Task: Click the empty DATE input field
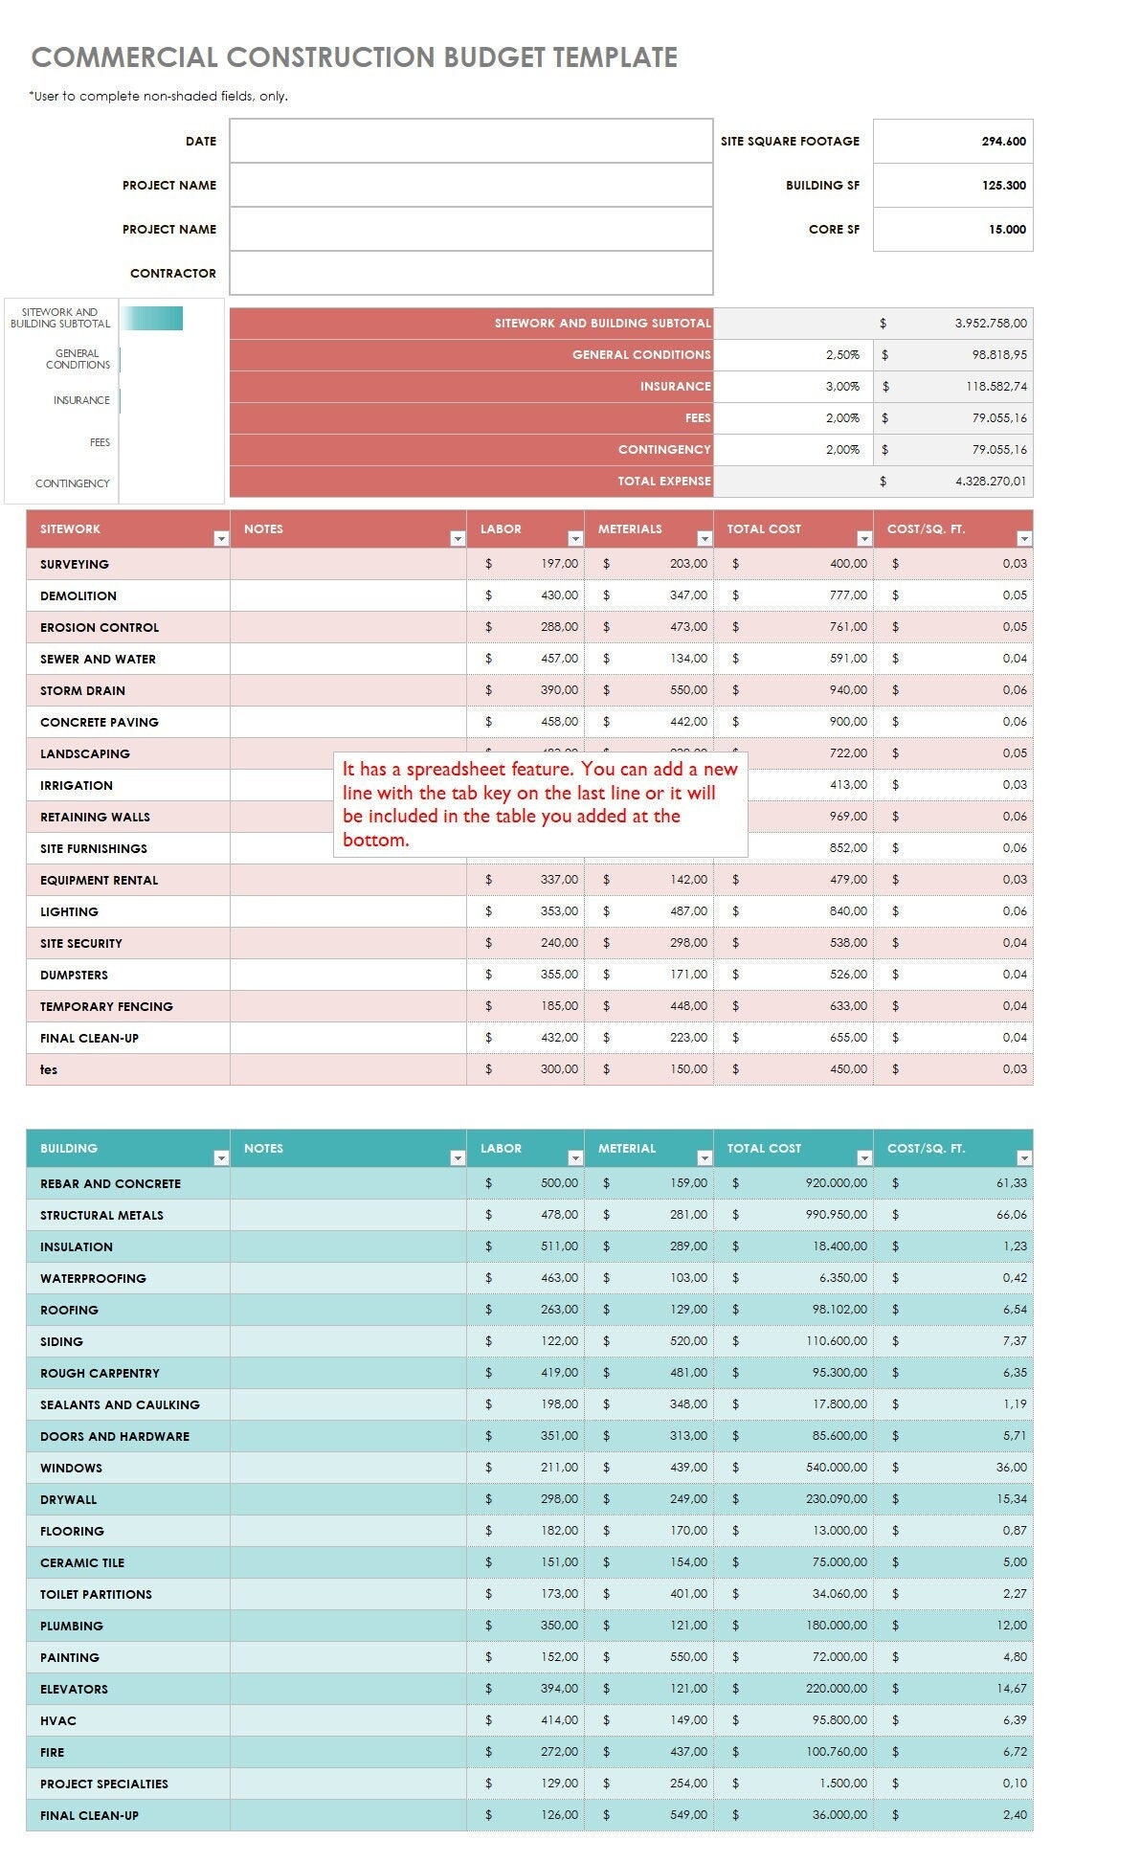click(471, 141)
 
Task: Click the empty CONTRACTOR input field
click(471, 273)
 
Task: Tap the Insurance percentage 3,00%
click(842, 387)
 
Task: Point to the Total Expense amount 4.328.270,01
click(990, 482)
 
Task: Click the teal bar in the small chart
click(152, 319)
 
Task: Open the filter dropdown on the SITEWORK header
click(221, 539)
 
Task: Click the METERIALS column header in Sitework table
click(630, 528)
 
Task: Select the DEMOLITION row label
click(78, 595)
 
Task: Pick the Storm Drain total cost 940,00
click(847, 690)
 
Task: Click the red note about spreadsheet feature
click(540, 804)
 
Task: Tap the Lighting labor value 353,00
click(559, 911)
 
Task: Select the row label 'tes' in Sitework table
click(49, 1069)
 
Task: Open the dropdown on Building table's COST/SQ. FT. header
click(1023, 1158)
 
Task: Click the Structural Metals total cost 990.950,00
click(836, 1215)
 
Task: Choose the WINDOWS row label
click(71, 1468)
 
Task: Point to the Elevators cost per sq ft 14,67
click(1010, 1689)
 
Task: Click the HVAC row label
click(58, 1720)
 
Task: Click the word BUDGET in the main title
click(495, 57)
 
